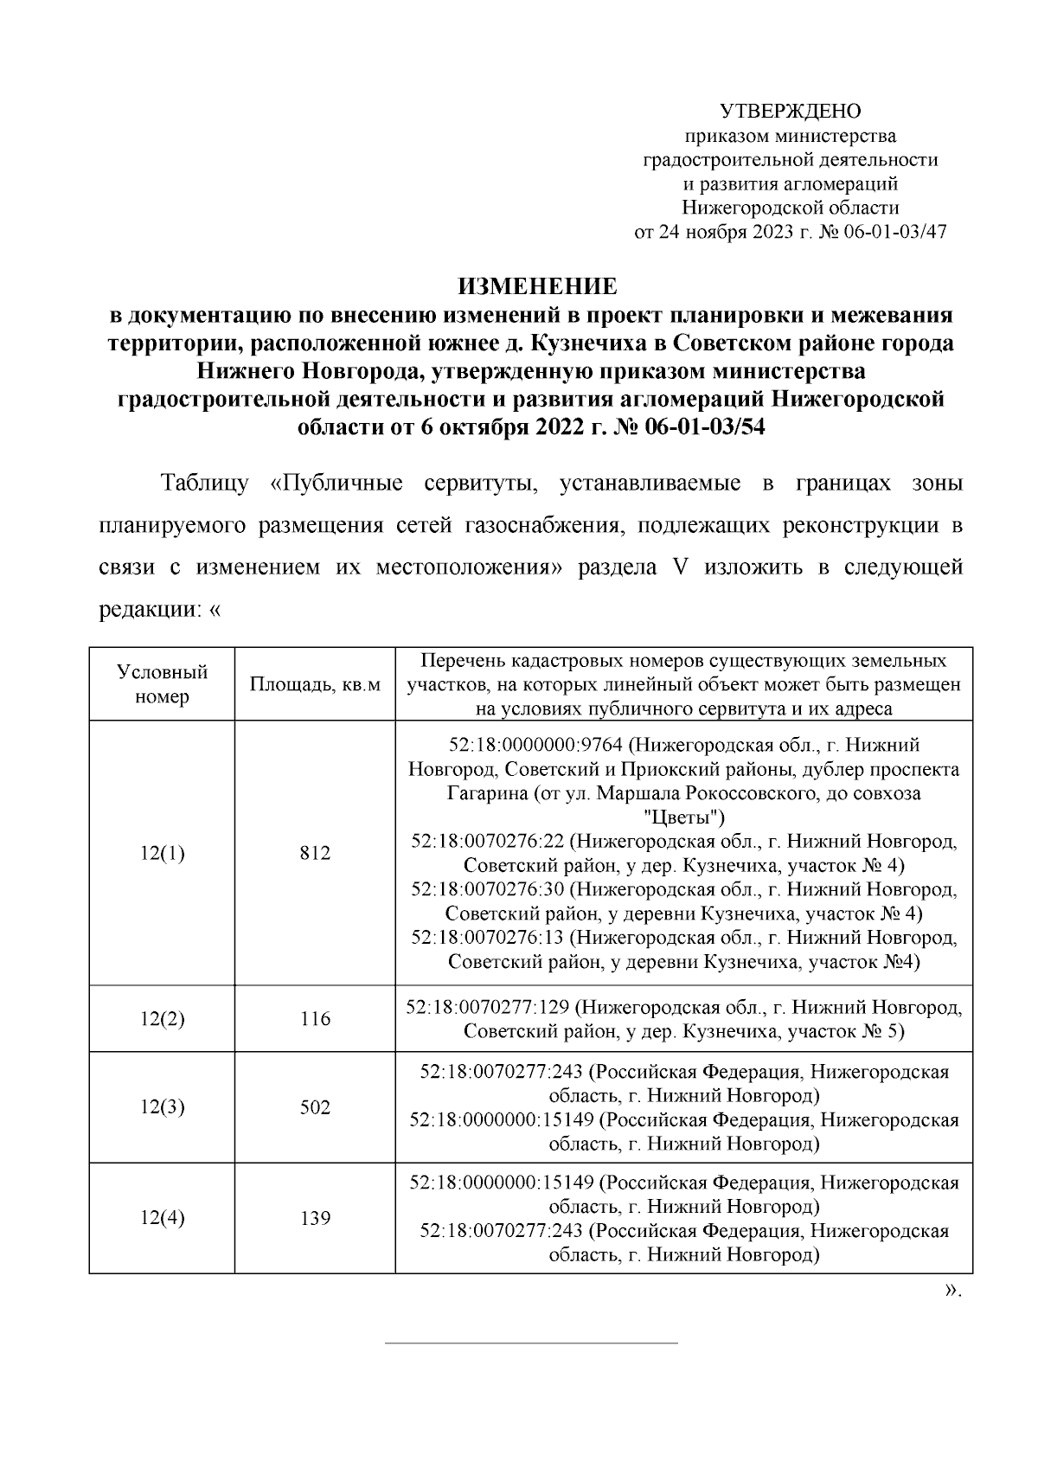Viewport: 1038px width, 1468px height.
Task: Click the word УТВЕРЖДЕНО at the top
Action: [x=791, y=112]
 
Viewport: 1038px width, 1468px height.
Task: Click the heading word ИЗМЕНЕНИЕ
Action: [x=536, y=286]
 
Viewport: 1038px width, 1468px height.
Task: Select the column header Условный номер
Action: [x=162, y=684]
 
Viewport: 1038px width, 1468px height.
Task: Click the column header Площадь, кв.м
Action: [x=315, y=685]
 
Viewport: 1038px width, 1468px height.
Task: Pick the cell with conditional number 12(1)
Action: [x=162, y=853]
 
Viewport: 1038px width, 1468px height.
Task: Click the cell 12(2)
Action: [x=162, y=1019]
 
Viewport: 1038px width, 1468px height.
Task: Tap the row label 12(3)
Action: [x=162, y=1107]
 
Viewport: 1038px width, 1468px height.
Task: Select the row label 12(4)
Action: [x=162, y=1218]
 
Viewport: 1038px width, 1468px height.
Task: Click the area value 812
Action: [x=315, y=853]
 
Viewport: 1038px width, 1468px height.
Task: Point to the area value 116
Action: [x=315, y=1019]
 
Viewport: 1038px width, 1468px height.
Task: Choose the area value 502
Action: [x=315, y=1107]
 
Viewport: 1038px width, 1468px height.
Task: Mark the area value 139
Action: [x=315, y=1218]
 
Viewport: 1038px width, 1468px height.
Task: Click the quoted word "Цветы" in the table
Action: [x=685, y=817]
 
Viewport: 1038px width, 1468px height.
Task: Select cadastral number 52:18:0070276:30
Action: [x=487, y=889]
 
